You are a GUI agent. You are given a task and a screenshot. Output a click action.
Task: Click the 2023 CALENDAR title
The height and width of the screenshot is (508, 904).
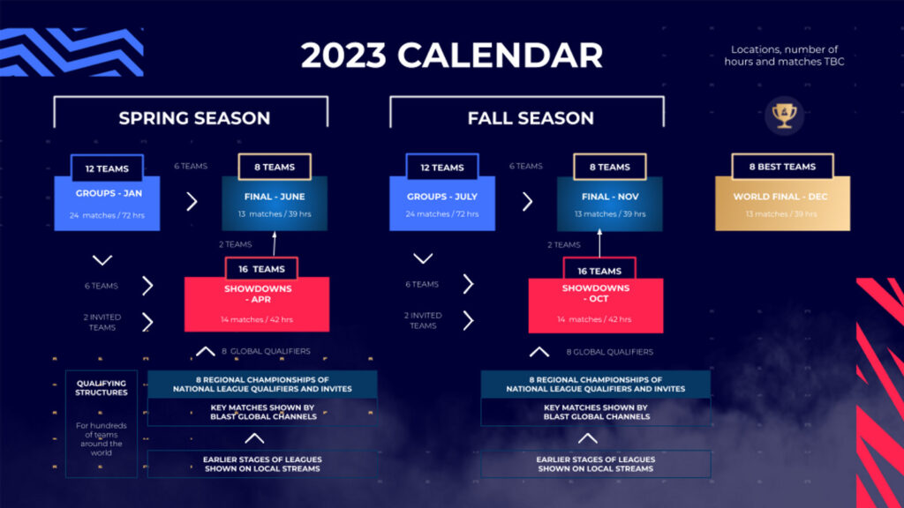click(x=451, y=55)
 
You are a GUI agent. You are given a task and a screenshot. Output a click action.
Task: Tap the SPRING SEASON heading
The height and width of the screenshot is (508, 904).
click(x=194, y=118)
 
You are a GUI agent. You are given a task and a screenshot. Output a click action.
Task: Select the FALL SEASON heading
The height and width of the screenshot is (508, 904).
click(x=530, y=118)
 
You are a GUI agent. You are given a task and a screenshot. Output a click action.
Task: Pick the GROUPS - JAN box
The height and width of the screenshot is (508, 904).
click(x=107, y=204)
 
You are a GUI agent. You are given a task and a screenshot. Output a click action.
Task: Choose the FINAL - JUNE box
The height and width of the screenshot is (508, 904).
click(x=274, y=204)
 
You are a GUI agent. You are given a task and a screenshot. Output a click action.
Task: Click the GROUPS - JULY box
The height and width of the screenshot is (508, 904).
click(x=441, y=204)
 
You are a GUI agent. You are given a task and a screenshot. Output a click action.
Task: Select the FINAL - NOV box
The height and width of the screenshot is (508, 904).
click(x=609, y=204)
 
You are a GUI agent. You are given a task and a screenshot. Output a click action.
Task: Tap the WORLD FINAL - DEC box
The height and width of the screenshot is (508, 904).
click(x=781, y=204)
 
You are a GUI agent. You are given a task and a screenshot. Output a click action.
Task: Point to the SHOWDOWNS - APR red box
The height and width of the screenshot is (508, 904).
click(x=256, y=304)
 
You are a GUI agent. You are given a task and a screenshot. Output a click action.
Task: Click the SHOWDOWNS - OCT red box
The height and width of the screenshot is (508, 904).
click(x=596, y=304)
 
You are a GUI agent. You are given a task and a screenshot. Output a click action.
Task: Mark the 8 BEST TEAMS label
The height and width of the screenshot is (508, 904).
click(x=782, y=167)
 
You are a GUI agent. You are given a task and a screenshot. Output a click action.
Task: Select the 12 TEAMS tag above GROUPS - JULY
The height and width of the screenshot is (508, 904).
click(x=441, y=168)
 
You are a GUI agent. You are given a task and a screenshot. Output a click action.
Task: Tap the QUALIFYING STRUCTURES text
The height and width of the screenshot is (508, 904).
click(x=102, y=388)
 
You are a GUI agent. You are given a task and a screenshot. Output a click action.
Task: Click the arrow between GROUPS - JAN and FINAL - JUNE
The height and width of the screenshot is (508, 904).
click(x=192, y=201)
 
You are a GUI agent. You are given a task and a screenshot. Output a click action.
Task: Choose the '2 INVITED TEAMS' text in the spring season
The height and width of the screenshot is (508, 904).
click(x=102, y=322)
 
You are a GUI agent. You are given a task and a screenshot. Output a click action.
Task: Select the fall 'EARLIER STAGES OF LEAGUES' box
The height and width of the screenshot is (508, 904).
click(x=596, y=464)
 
